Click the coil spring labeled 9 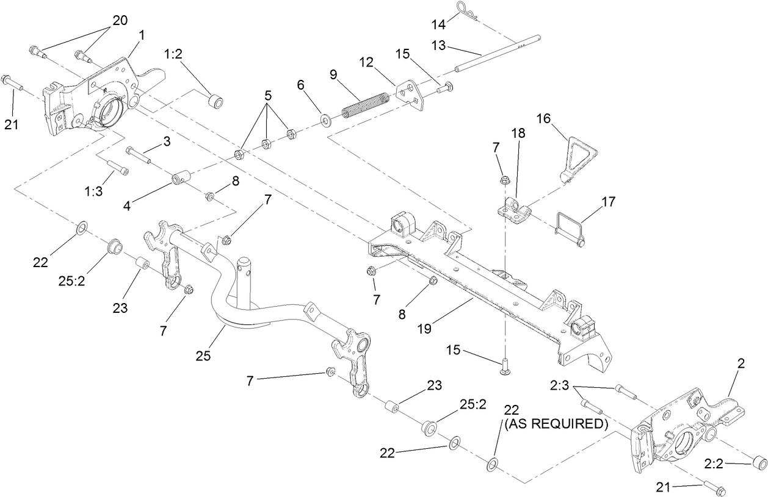pyautogui.click(x=365, y=104)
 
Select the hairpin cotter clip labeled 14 pyautogui.click(x=467, y=11)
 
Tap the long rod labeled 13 pyautogui.click(x=501, y=52)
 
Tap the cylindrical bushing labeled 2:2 pyautogui.click(x=758, y=463)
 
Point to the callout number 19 pyautogui.click(x=424, y=328)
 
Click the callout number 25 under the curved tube pyautogui.click(x=203, y=356)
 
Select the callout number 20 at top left pyautogui.click(x=120, y=20)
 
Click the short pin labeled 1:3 pyautogui.click(x=115, y=166)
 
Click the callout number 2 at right pyautogui.click(x=741, y=364)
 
